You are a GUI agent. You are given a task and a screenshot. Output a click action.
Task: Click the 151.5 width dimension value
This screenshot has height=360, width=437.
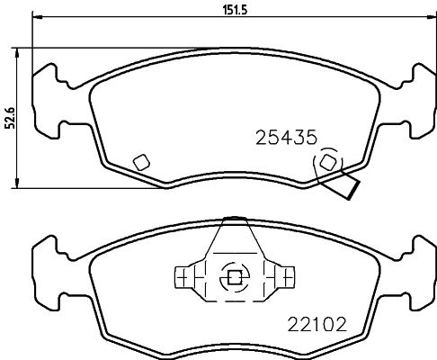click(235, 10)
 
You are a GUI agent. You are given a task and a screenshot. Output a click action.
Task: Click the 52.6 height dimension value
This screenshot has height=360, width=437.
click(10, 118)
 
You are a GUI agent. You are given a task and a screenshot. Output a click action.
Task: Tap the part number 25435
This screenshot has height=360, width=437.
click(286, 138)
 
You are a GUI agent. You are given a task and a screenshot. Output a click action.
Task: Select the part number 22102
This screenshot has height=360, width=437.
click(317, 324)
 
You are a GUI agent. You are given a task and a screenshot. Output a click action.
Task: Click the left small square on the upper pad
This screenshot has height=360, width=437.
click(141, 162)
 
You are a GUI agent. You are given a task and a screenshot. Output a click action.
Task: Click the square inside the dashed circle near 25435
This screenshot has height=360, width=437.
click(328, 162)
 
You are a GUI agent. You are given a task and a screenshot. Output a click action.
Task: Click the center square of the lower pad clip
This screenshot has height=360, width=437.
click(235, 277)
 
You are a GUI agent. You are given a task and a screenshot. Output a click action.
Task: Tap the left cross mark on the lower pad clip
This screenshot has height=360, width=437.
click(183, 278)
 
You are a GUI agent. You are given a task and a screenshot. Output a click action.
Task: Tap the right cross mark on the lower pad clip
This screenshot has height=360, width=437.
click(287, 278)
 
